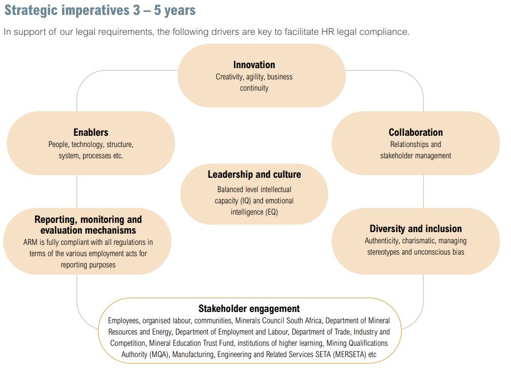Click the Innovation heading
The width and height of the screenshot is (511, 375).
pos(254,65)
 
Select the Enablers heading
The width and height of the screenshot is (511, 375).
pos(91,132)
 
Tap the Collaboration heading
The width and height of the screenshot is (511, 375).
pos(416,132)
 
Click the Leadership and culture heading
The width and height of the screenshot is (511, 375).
pos(254,174)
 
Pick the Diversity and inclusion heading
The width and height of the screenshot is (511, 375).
pos(416,228)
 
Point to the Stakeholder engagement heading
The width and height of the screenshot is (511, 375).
pos(249,308)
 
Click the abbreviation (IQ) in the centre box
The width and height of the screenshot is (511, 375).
pos(246,201)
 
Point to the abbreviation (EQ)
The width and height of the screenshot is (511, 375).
pos(272,212)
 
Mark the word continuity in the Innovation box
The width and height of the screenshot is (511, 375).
pos(254,88)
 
